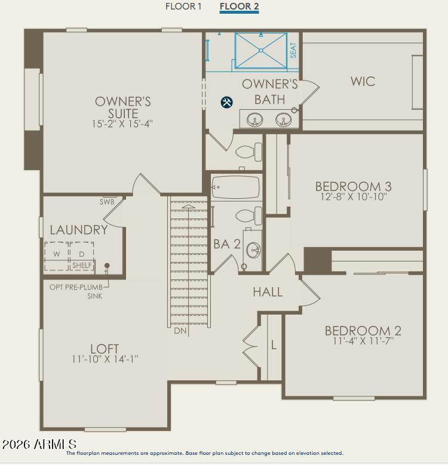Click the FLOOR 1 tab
[x=183, y=7]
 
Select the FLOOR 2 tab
[x=239, y=7]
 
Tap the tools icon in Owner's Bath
[x=226, y=102]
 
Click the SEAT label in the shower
[x=293, y=50]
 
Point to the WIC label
[x=363, y=81]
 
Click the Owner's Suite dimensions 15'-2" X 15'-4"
[x=122, y=124]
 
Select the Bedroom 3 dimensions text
[x=354, y=196]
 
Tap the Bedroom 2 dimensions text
[x=363, y=341]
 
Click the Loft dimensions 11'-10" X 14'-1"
[x=105, y=359]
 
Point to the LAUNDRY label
[x=79, y=230]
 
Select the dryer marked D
[x=82, y=254]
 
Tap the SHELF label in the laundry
[x=82, y=265]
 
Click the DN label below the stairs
[x=180, y=331]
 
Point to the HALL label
[x=268, y=292]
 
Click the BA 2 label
[x=227, y=244]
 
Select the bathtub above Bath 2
[x=235, y=187]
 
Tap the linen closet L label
[x=274, y=345]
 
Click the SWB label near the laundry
[x=107, y=202]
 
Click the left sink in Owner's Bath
[x=255, y=120]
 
